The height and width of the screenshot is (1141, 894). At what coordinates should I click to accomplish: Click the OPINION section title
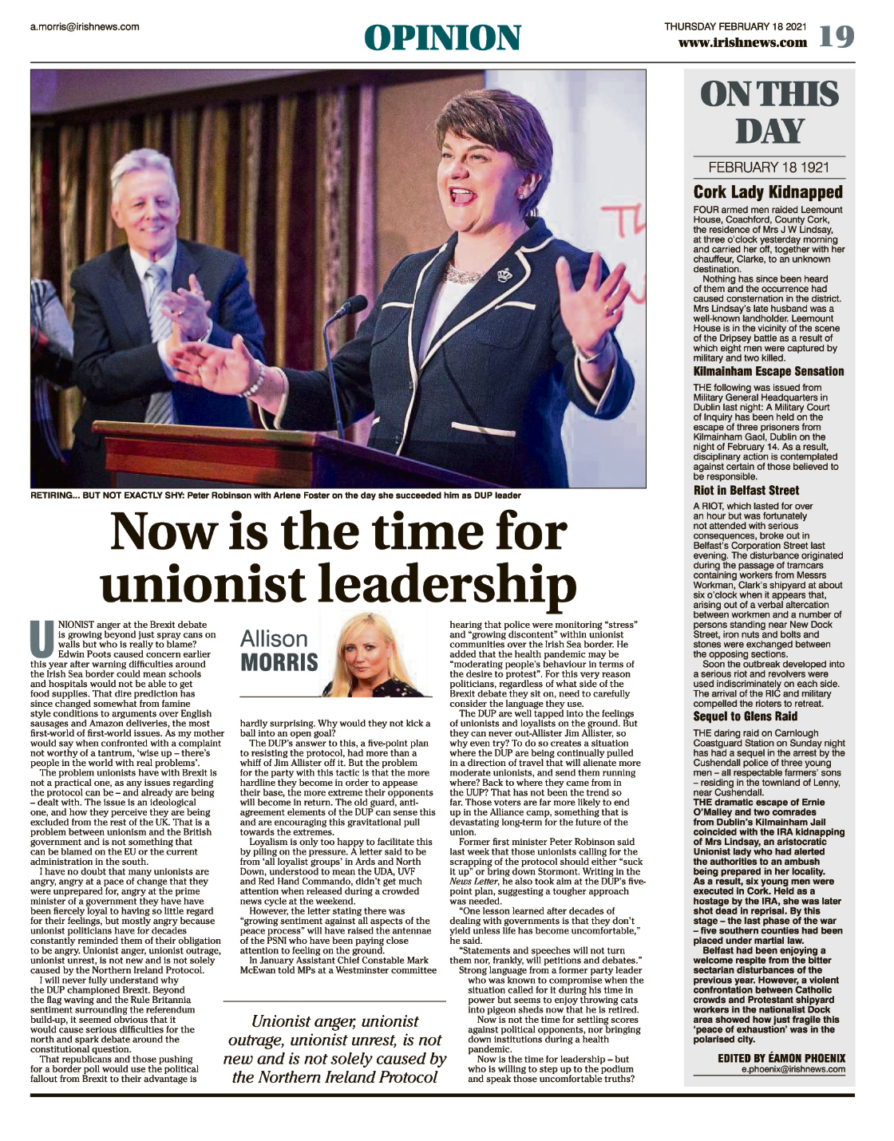[442, 38]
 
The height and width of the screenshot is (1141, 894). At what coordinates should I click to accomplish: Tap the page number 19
[836, 37]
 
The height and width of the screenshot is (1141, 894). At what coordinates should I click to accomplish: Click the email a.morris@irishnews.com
[85, 26]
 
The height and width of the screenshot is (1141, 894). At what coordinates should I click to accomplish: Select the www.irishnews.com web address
[742, 42]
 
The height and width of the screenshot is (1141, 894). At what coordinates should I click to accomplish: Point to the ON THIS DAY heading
[769, 113]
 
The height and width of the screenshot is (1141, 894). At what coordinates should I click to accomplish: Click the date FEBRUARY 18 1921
[769, 168]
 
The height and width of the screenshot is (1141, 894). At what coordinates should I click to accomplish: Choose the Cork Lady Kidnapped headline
[768, 191]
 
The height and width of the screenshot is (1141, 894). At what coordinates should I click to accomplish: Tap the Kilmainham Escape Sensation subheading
[768, 371]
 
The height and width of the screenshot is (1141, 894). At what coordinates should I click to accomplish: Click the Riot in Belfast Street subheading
[746, 490]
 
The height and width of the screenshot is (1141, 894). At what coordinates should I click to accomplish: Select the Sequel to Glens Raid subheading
[745, 716]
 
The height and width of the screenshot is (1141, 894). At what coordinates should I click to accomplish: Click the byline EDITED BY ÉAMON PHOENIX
[781, 1058]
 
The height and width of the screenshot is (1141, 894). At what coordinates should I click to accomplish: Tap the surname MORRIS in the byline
[279, 662]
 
